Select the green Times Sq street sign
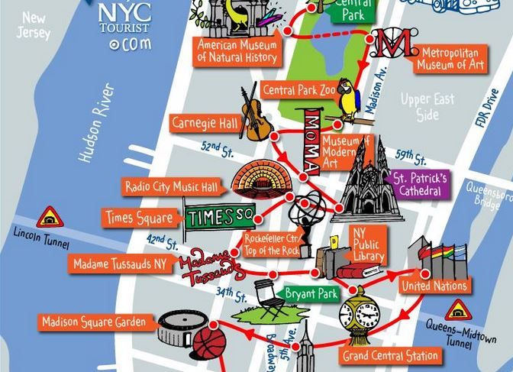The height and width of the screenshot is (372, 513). pos(220,217)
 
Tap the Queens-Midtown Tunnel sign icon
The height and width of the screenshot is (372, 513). pos(458,309)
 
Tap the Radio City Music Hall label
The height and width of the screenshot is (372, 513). pos(172,186)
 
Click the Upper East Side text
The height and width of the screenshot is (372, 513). pos(427,107)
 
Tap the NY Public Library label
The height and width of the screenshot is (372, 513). pos(367,244)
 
